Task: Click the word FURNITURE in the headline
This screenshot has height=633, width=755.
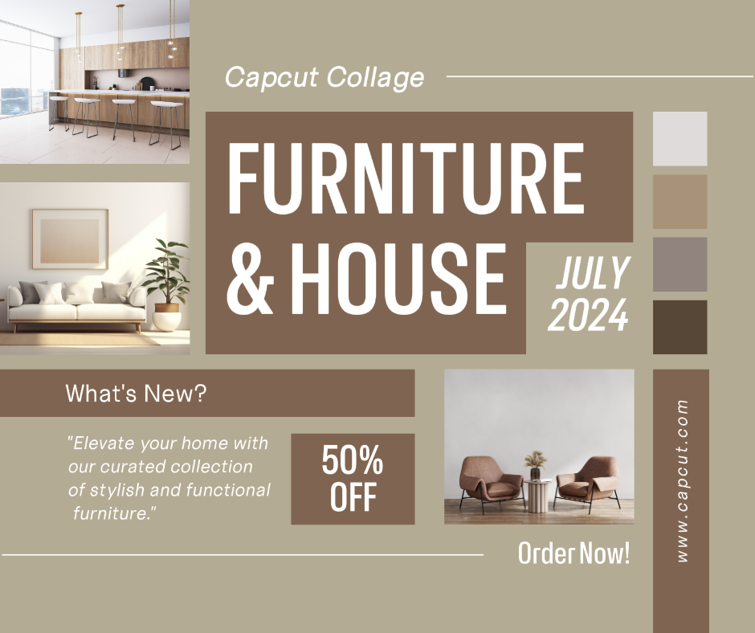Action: (x=406, y=178)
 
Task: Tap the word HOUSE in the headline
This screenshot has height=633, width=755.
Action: (x=398, y=279)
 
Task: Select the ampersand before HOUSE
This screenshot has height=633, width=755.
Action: (x=251, y=279)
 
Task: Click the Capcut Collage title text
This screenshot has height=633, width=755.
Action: (x=324, y=77)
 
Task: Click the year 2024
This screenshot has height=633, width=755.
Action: (x=589, y=315)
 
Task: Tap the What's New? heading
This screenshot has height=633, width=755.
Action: (x=136, y=393)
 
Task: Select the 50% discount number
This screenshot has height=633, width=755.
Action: (x=353, y=460)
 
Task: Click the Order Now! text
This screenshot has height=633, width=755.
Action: (x=574, y=553)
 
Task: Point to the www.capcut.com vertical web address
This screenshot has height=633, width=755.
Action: (x=682, y=480)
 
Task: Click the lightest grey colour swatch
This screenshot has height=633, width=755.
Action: (x=679, y=139)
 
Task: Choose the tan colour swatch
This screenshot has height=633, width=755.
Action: (x=679, y=202)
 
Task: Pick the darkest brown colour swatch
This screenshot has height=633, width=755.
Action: (x=679, y=328)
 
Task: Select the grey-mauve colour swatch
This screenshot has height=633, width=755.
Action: (x=679, y=264)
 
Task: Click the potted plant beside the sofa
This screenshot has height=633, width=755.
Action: (x=166, y=284)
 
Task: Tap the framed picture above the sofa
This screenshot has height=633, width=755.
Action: (x=71, y=239)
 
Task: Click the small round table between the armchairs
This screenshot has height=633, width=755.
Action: (x=537, y=496)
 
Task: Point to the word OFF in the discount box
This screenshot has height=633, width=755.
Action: (x=353, y=496)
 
